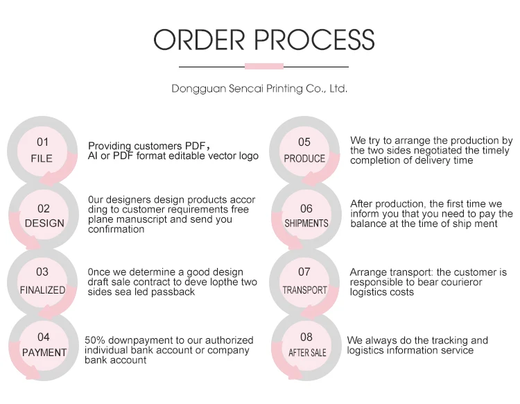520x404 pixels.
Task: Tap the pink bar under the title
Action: click(x=264, y=67)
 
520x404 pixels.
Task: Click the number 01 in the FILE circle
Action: click(x=43, y=142)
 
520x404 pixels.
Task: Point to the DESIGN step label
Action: click(x=44, y=224)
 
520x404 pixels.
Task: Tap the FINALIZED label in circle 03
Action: click(x=42, y=290)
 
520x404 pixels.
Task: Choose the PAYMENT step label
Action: click(x=44, y=353)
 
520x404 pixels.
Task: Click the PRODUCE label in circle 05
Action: click(x=304, y=158)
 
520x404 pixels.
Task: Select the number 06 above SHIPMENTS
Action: click(x=306, y=208)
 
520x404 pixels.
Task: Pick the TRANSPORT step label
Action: click(x=304, y=290)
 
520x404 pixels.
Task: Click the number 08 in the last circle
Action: click(x=306, y=337)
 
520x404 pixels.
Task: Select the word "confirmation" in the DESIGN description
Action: click(x=116, y=229)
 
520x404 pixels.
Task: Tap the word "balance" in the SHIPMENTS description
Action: click(x=367, y=224)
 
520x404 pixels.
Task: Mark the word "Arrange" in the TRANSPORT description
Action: click(x=368, y=273)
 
